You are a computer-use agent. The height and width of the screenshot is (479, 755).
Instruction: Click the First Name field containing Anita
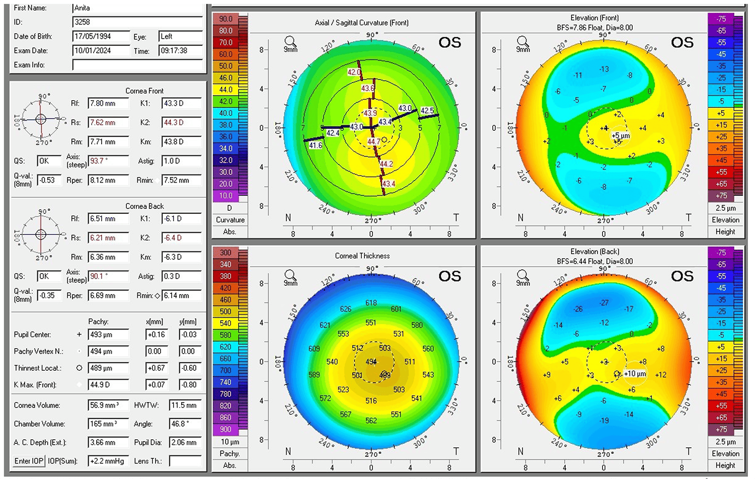[x=137, y=8]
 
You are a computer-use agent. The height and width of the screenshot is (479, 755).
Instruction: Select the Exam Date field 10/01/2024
[x=101, y=51]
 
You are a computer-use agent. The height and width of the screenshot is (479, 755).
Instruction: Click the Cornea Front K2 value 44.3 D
[x=181, y=123]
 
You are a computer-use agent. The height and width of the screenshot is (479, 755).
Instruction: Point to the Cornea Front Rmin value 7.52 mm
[x=181, y=180]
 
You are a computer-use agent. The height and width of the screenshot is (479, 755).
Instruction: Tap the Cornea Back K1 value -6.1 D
[x=181, y=219]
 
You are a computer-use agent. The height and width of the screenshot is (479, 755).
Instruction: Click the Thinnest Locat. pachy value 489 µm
[x=108, y=368]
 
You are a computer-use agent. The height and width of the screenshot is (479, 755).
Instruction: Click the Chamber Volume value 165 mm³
[x=108, y=424]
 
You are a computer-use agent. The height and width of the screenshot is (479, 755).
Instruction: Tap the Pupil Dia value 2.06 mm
[x=185, y=443]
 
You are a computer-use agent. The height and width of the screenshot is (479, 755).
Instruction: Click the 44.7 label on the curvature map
[x=373, y=142]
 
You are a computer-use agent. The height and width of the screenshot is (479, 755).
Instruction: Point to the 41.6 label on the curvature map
[x=316, y=145]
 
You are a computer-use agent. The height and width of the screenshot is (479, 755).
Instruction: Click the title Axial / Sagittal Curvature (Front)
[x=361, y=23]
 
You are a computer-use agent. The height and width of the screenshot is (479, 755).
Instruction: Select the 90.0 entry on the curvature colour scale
[x=225, y=19]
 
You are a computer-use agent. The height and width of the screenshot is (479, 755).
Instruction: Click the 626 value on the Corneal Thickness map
[x=345, y=309]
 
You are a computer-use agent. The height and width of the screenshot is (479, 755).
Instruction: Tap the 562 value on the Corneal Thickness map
[x=371, y=421]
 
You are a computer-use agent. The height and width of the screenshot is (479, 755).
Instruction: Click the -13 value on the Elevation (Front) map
[x=603, y=69]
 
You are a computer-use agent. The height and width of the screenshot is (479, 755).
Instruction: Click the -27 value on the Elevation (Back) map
[x=603, y=303]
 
